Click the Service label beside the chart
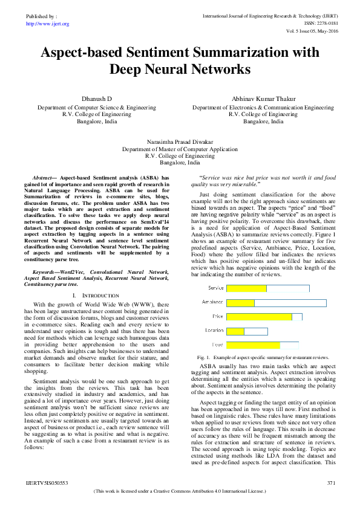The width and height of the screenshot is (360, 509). coord(216,288)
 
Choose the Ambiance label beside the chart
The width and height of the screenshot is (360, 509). coord(214,302)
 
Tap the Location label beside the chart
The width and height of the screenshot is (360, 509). coord(215,331)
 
